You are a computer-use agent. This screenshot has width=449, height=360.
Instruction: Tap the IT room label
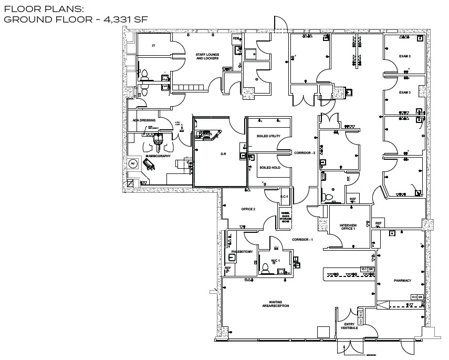tap(153, 46)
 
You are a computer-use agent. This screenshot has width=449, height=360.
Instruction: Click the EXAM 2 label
tap(404, 56)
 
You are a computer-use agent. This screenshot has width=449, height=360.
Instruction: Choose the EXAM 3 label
tap(404, 92)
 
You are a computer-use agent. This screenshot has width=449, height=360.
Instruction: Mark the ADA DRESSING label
tap(144, 120)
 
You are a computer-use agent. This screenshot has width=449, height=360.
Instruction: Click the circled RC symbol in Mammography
tap(132, 163)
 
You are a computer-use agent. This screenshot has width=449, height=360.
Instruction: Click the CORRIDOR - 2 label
tap(305, 152)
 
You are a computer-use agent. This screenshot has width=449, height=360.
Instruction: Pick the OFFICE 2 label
tap(248, 209)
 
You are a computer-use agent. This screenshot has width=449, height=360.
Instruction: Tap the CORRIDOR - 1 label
tap(302, 240)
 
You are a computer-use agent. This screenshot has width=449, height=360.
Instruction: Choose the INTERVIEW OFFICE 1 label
tap(348, 227)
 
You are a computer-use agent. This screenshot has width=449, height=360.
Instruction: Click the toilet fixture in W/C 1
tap(265, 269)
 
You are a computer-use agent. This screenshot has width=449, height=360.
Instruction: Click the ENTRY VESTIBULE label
tap(350, 325)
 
